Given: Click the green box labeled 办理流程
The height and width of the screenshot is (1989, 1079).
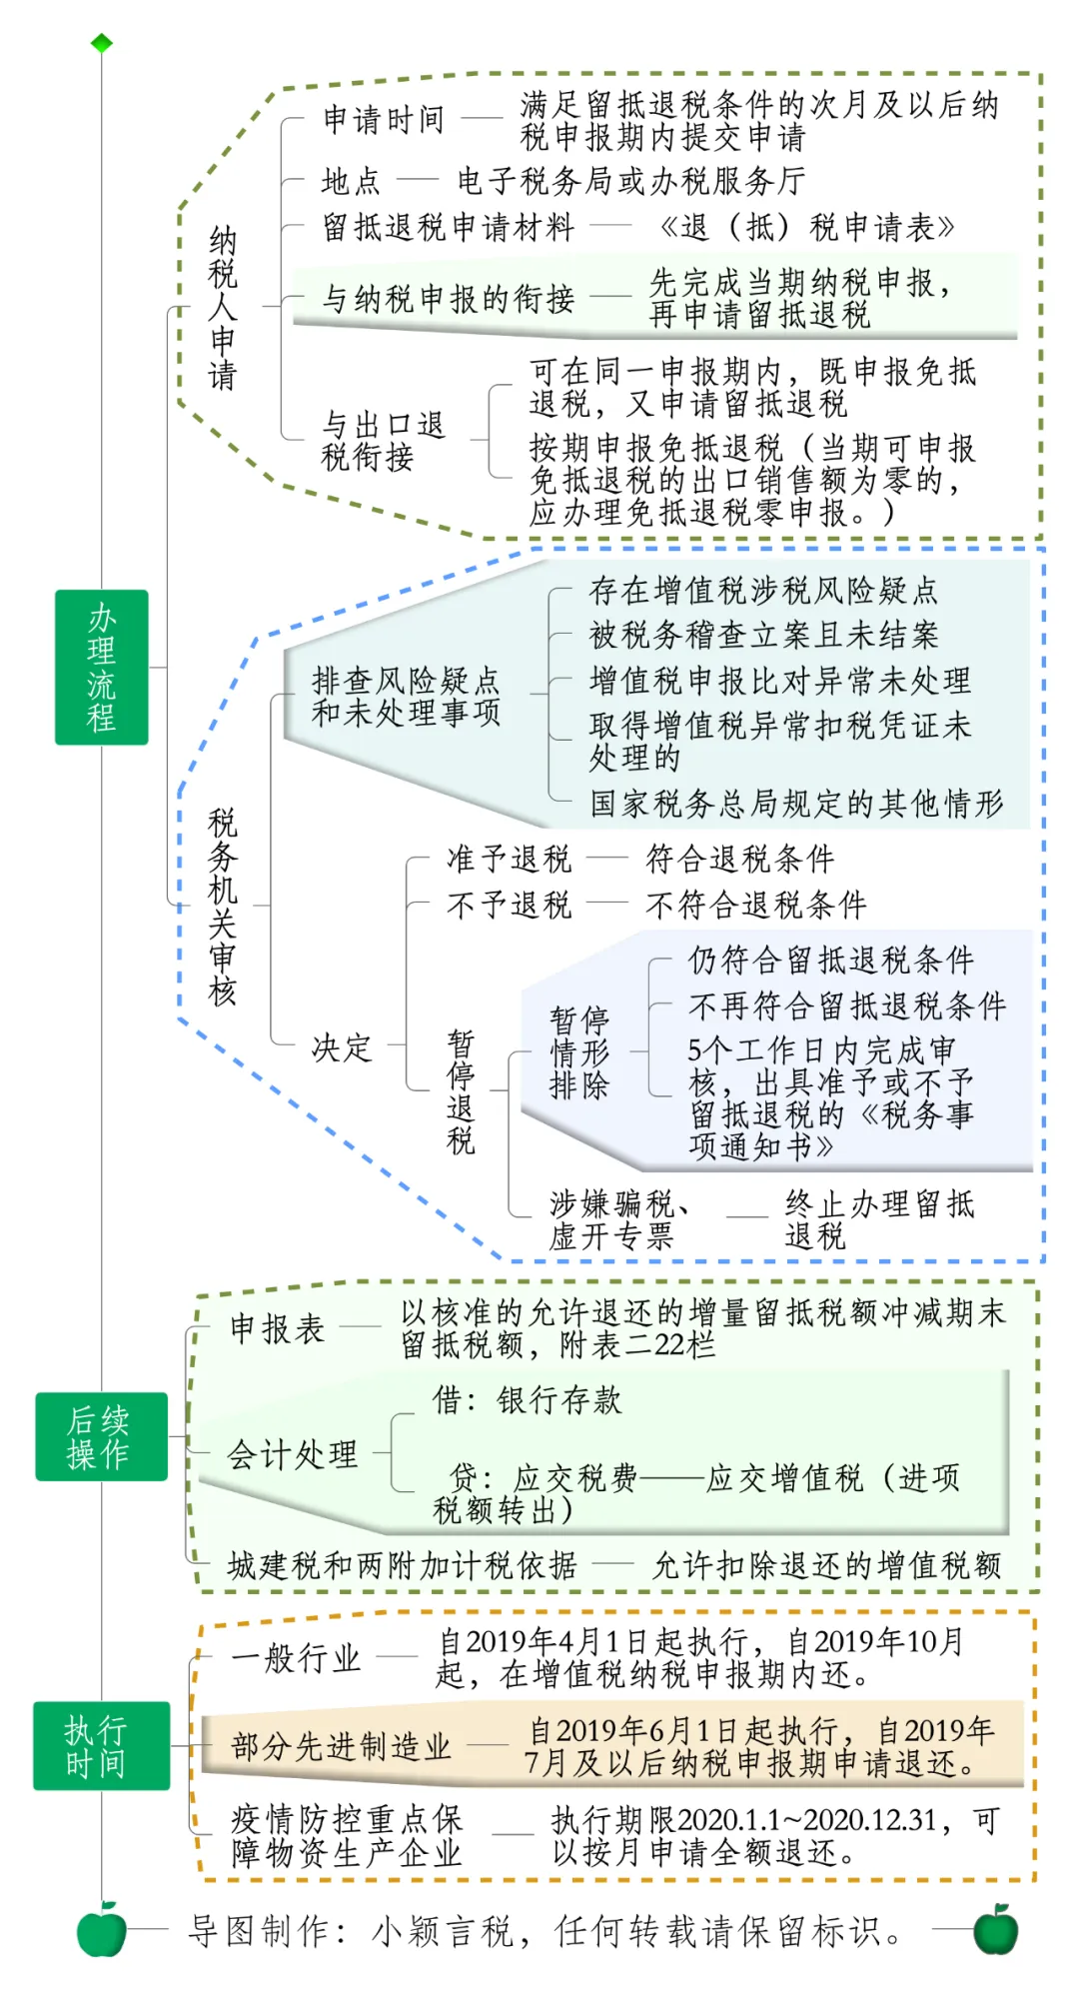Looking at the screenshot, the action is coord(102,667).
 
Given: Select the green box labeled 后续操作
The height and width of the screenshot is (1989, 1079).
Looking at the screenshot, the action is coord(101,1436).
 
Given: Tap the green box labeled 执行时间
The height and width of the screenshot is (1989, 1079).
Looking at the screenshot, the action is coord(101,1745).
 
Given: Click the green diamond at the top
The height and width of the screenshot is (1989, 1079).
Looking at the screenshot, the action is coord(102,43).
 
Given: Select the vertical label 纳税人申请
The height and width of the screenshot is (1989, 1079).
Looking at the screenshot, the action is coord(222,308).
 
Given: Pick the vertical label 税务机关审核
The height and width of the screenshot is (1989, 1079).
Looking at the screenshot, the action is coord(222,906).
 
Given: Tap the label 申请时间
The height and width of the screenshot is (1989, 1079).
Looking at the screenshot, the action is coord(384,119).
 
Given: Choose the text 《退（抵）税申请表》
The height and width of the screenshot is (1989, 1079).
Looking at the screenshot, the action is coord(806,227).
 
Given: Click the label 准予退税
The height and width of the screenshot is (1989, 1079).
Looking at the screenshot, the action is coord(509,858).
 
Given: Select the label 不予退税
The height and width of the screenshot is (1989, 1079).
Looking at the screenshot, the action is coord(509,905).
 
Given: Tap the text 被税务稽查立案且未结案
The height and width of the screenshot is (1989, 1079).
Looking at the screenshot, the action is coord(764,635).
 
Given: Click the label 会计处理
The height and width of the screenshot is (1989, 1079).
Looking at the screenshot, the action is coord(292,1453).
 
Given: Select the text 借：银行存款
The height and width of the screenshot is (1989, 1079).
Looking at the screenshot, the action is coord(527,1399).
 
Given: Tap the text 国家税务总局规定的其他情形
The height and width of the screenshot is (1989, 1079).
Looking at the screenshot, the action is coord(796,803).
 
